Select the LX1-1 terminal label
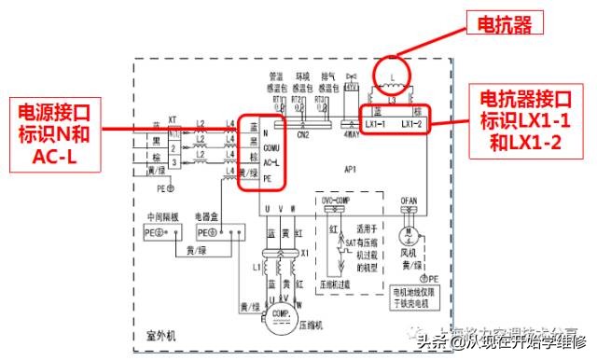(x=378, y=123)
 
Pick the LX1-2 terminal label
(x=412, y=123)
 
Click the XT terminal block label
(x=172, y=119)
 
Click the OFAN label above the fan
(x=406, y=198)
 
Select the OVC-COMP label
(x=336, y=198)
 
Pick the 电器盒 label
(x=207, y=215)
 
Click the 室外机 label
(x=161, y=333)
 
